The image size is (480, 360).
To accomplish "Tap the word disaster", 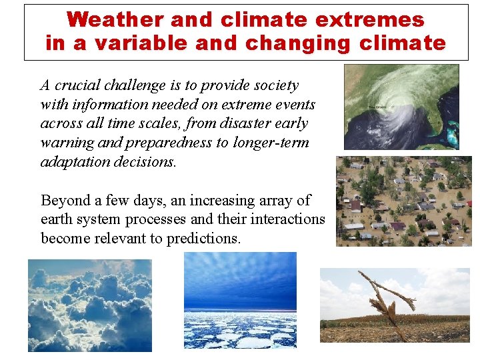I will [249, 123].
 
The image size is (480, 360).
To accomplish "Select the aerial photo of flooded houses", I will [403, 201].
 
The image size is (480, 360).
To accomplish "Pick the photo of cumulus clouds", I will [89, 305].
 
